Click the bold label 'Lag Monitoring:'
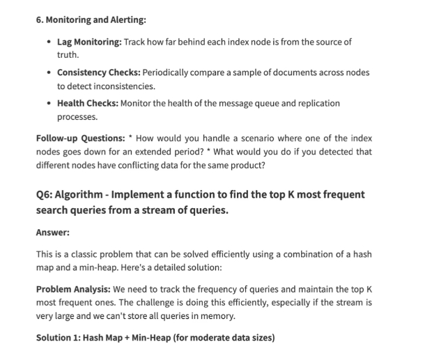tap(89, 42)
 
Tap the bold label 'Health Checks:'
tap(88, 103)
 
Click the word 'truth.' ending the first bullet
tap(68, 54)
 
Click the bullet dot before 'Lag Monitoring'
tap(47, 42)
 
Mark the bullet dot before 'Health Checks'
tap(47, 103)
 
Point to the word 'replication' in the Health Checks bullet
tap(320, 103)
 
